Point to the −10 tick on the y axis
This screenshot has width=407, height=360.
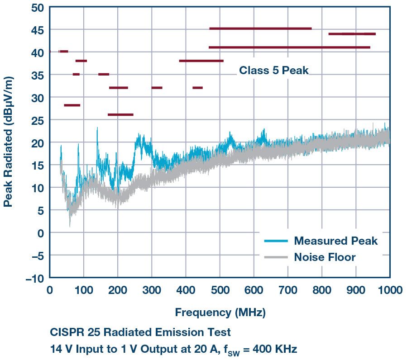(x=35, y=278)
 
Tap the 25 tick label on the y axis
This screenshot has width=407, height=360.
(x=37, y=120)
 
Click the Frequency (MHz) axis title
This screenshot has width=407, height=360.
(x=220, y=312)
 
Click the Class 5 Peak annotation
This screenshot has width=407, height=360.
(x=273, y=71)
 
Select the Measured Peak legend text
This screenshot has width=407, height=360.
(x=335, y=241)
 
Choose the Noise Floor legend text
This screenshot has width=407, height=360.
(x=325, y=257)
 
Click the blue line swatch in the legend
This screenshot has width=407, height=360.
(x=276, y=241)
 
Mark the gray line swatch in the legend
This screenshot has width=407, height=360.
(x=276, y=257)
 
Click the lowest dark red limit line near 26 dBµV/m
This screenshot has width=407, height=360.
(x=120, y=114)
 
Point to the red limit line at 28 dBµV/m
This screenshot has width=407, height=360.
(x=72, y=105)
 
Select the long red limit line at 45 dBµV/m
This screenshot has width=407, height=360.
(x=260, y=28)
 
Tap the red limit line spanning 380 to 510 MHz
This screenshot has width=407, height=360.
(x=201, y=61)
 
